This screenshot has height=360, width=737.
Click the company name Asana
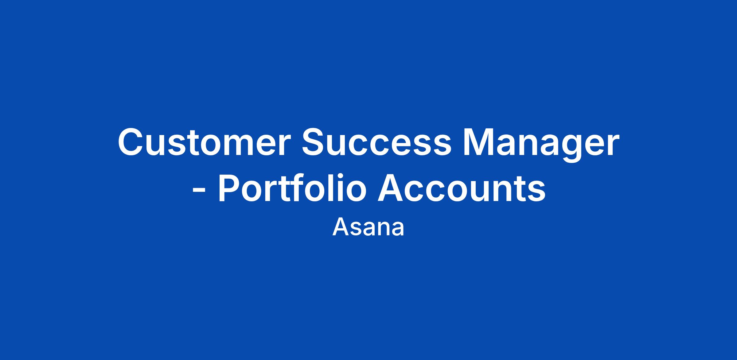pyautogui.click(x=368, y=227)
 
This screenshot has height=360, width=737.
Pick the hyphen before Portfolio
pyautogui.click(x=198, y=192)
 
